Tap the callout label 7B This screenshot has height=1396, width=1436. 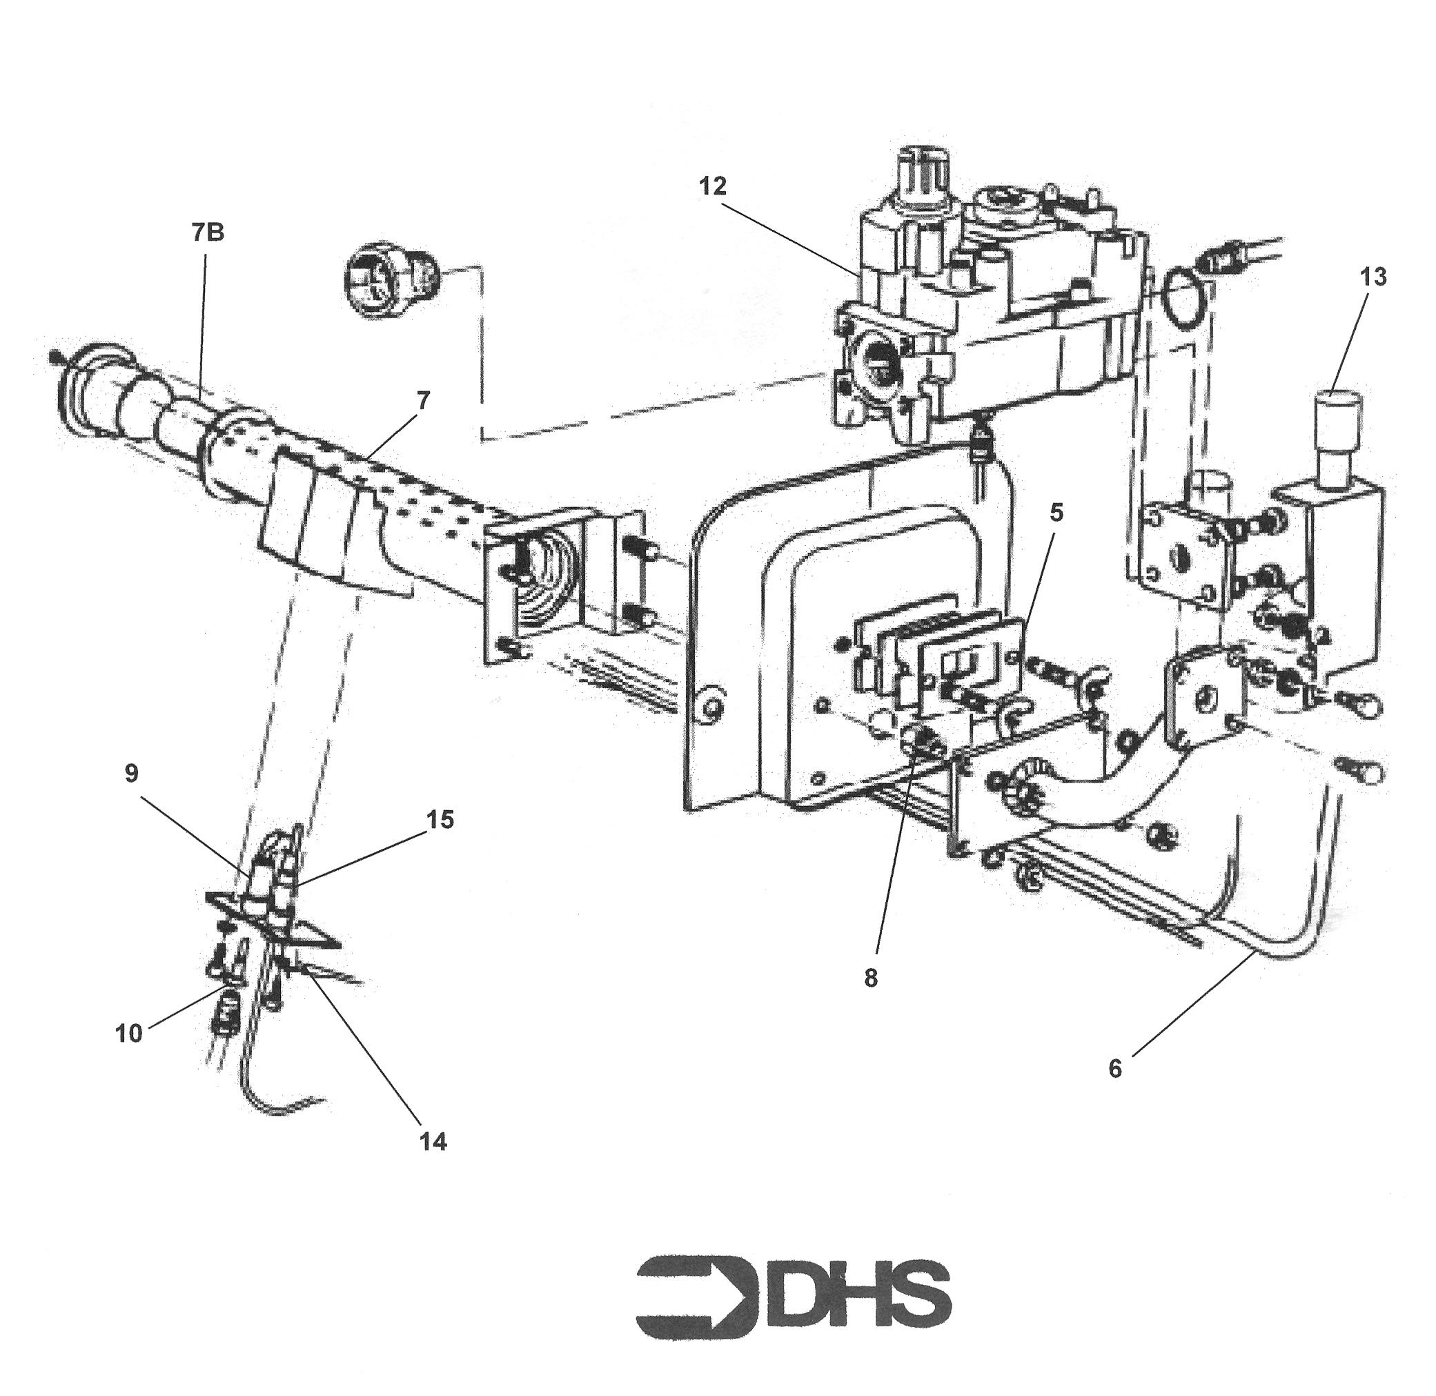208,233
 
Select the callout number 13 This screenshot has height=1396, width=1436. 1373,278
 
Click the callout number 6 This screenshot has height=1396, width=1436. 1115,1069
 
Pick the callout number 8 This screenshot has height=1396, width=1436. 871,978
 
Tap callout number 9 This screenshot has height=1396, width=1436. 131,774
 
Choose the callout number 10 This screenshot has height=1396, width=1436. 128,1034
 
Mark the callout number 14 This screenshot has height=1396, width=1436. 433,1141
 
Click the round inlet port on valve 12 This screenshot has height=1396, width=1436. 876,357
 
